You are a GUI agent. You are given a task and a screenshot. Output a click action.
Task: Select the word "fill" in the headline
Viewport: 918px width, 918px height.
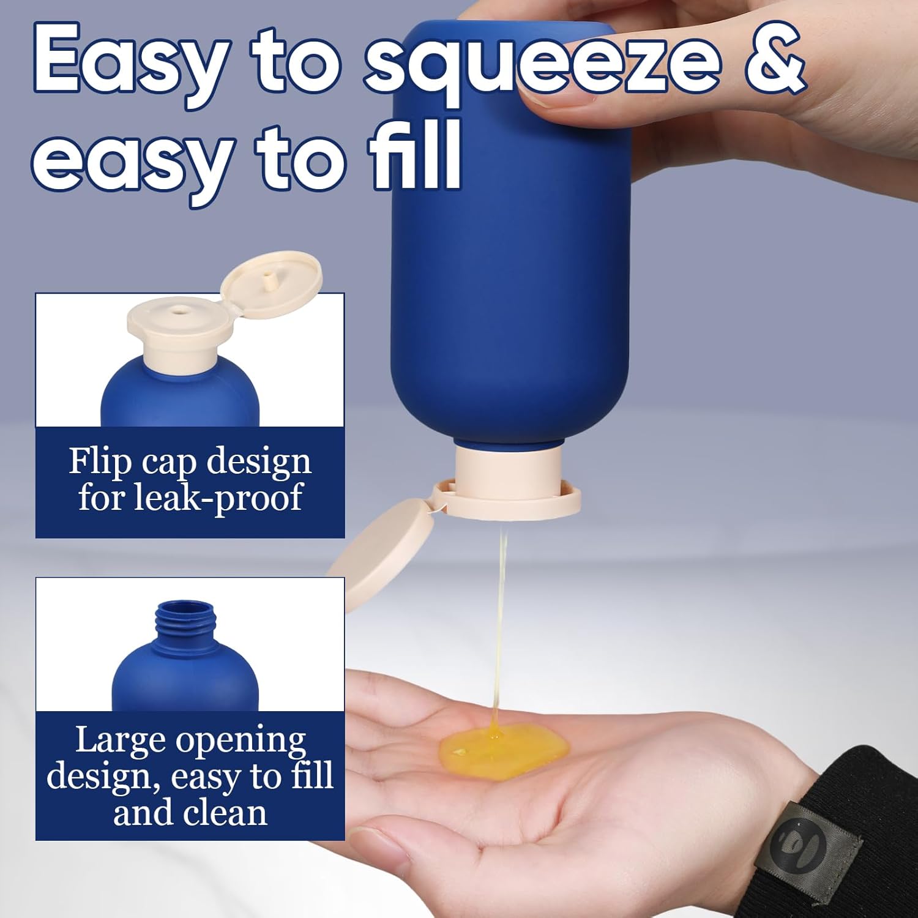pyautogui.click(x=414, y=156)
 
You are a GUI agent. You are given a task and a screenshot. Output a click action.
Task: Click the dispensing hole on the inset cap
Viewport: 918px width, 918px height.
pyautogui.click(x=179, y=310)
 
